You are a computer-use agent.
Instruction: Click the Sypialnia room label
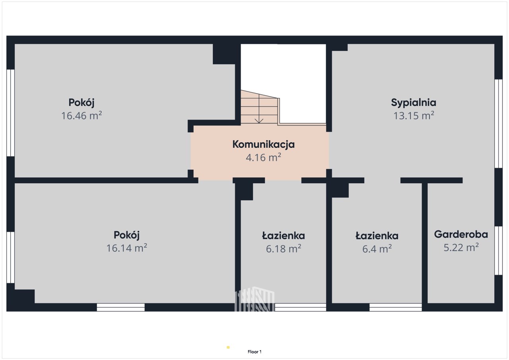pos(414,103)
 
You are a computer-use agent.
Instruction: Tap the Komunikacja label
pos(263,144)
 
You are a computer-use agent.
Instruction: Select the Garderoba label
pos(461,234)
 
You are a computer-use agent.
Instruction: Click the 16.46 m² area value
pos(82,115)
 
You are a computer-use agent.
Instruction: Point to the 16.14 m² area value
pos(126,248)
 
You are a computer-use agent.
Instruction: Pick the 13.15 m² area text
pos(414,115)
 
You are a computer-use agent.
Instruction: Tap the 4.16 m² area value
pos(263,157)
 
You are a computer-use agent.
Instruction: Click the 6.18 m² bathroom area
pos(284,249)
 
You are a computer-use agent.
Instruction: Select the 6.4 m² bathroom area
pos(377,249)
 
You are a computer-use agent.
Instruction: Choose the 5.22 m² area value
pos(461,247)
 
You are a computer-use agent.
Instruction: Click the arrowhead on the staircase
pos(259,121)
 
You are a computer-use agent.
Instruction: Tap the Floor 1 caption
pos(254,352)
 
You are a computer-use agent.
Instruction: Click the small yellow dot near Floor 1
pos(228,347)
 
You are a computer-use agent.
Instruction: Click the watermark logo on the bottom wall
pos(254,299)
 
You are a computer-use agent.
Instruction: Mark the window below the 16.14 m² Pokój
pos(120,307)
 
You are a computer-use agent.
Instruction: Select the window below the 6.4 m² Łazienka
pos(396,307)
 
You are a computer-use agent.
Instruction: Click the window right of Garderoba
pos(499,251)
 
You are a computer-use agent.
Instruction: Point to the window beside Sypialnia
pos(499,124)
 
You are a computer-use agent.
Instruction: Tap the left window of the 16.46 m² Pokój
pos(11,113)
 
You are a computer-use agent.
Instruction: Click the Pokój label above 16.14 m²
pos(126,235)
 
